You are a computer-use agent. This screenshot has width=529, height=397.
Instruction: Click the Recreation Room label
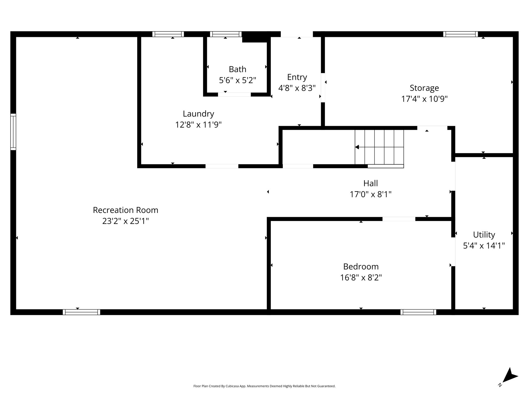tap(126, 210)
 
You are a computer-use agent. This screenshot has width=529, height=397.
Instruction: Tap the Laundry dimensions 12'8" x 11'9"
tap(198, 125)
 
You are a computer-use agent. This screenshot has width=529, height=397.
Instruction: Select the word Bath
tap(237, 69)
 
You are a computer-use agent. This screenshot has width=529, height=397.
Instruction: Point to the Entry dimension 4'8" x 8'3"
tap(297, 88)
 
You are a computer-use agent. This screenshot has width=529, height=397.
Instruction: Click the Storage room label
tap(424, 88)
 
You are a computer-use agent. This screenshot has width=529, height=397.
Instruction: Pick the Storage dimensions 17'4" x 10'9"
tap(424, 99)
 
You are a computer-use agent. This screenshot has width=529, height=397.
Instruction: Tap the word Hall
tap(370, 183)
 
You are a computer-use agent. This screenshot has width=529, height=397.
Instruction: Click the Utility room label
tap(484, 235)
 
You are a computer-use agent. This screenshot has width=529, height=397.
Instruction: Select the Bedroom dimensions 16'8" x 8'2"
tap(361, 278)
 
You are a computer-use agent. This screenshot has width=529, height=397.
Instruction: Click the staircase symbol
tap(379, 147)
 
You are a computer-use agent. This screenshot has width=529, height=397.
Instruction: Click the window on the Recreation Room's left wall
tap(13, 132)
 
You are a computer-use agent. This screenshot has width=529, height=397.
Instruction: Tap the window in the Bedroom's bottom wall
tap(418, 312)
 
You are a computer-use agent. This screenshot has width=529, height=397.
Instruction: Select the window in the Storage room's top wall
tap(461, 34)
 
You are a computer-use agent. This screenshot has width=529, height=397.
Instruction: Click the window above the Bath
tap(226, 34)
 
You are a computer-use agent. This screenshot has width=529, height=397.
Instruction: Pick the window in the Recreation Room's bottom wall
tap(81, 312)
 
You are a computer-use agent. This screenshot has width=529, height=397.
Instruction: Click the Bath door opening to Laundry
tap(234, 95)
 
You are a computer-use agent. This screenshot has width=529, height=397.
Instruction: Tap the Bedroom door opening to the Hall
tap(399, 219)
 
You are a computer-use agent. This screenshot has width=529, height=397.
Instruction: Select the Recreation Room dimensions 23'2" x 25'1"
tap(126, 221)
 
